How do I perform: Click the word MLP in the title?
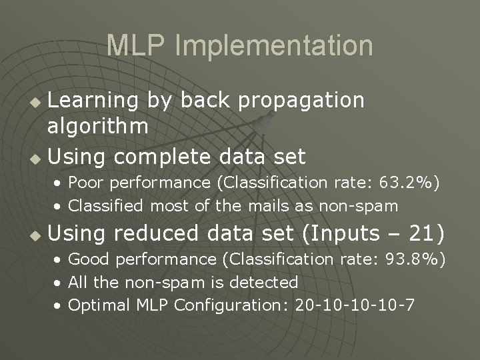137,45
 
